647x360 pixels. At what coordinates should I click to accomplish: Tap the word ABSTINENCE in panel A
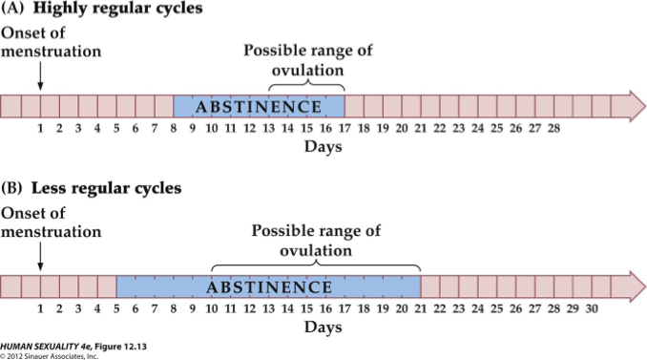tap(258, 106)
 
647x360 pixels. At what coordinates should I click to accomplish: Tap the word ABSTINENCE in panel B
tap(267, 286)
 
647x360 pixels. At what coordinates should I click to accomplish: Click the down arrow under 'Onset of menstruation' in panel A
tap(39, 75)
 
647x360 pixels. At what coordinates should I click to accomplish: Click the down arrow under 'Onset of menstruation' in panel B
tap(39, 256)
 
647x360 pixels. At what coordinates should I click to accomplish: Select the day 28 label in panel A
tap(553, 128)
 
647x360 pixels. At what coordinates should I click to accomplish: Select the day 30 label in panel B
tap(592, 308)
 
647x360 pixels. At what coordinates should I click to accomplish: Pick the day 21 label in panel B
tap(421, 308)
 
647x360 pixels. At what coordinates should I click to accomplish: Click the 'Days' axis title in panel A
tap(323, 147)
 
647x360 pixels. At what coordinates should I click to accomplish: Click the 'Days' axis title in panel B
tap(323, 328)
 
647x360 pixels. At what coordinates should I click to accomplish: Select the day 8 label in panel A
tap(173, 128)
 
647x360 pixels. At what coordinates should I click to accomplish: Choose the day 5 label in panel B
tap(115, 308)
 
